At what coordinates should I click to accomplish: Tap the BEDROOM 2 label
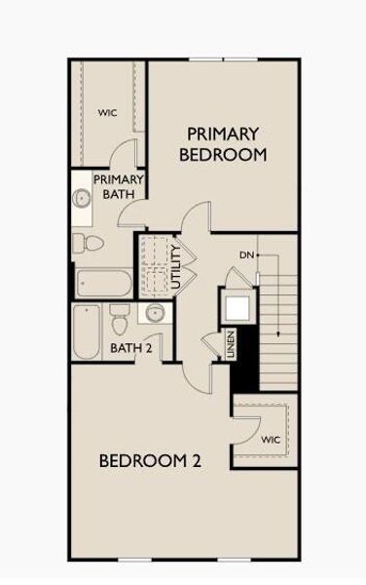150,460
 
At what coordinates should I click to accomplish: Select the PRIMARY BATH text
119,186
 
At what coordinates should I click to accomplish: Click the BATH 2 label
129,348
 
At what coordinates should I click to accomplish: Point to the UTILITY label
176,262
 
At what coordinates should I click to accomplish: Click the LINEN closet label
230,344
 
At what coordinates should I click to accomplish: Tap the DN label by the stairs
246,255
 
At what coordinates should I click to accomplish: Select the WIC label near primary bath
107,113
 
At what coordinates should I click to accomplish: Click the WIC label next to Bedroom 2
269,440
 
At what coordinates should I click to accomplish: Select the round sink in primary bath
81,199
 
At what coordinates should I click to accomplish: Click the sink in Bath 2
153,313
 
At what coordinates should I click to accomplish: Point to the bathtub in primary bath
104,285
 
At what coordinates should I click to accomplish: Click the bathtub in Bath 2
86,332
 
